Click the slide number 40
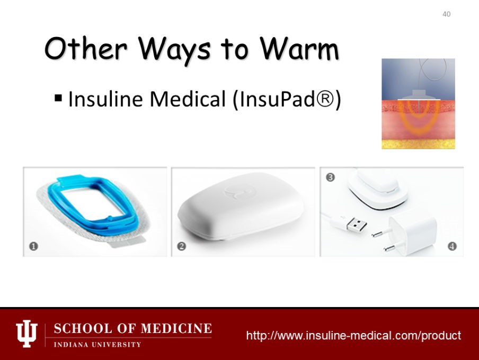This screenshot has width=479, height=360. point(446,14)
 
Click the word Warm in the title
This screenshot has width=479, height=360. point(299,49)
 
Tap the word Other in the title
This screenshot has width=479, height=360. point(85,48)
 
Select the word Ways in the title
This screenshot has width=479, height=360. point(174,50)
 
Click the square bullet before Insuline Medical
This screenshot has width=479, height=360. point(58,98)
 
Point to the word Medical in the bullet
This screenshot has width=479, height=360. point(188,99)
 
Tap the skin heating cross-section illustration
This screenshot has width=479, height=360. point(418,104)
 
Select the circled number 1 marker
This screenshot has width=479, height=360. point(33,246)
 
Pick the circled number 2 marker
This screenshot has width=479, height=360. point(181,246)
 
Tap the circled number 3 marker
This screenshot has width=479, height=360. point(330,177)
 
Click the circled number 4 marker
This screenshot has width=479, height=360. point(452,246)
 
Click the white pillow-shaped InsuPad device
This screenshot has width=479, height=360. point(241,206)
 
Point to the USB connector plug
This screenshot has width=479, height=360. point(356,225)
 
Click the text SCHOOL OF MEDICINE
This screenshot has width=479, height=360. point(133,329)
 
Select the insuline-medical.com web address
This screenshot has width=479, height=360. point(353,335)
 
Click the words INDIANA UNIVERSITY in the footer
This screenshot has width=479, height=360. point(97,345)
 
